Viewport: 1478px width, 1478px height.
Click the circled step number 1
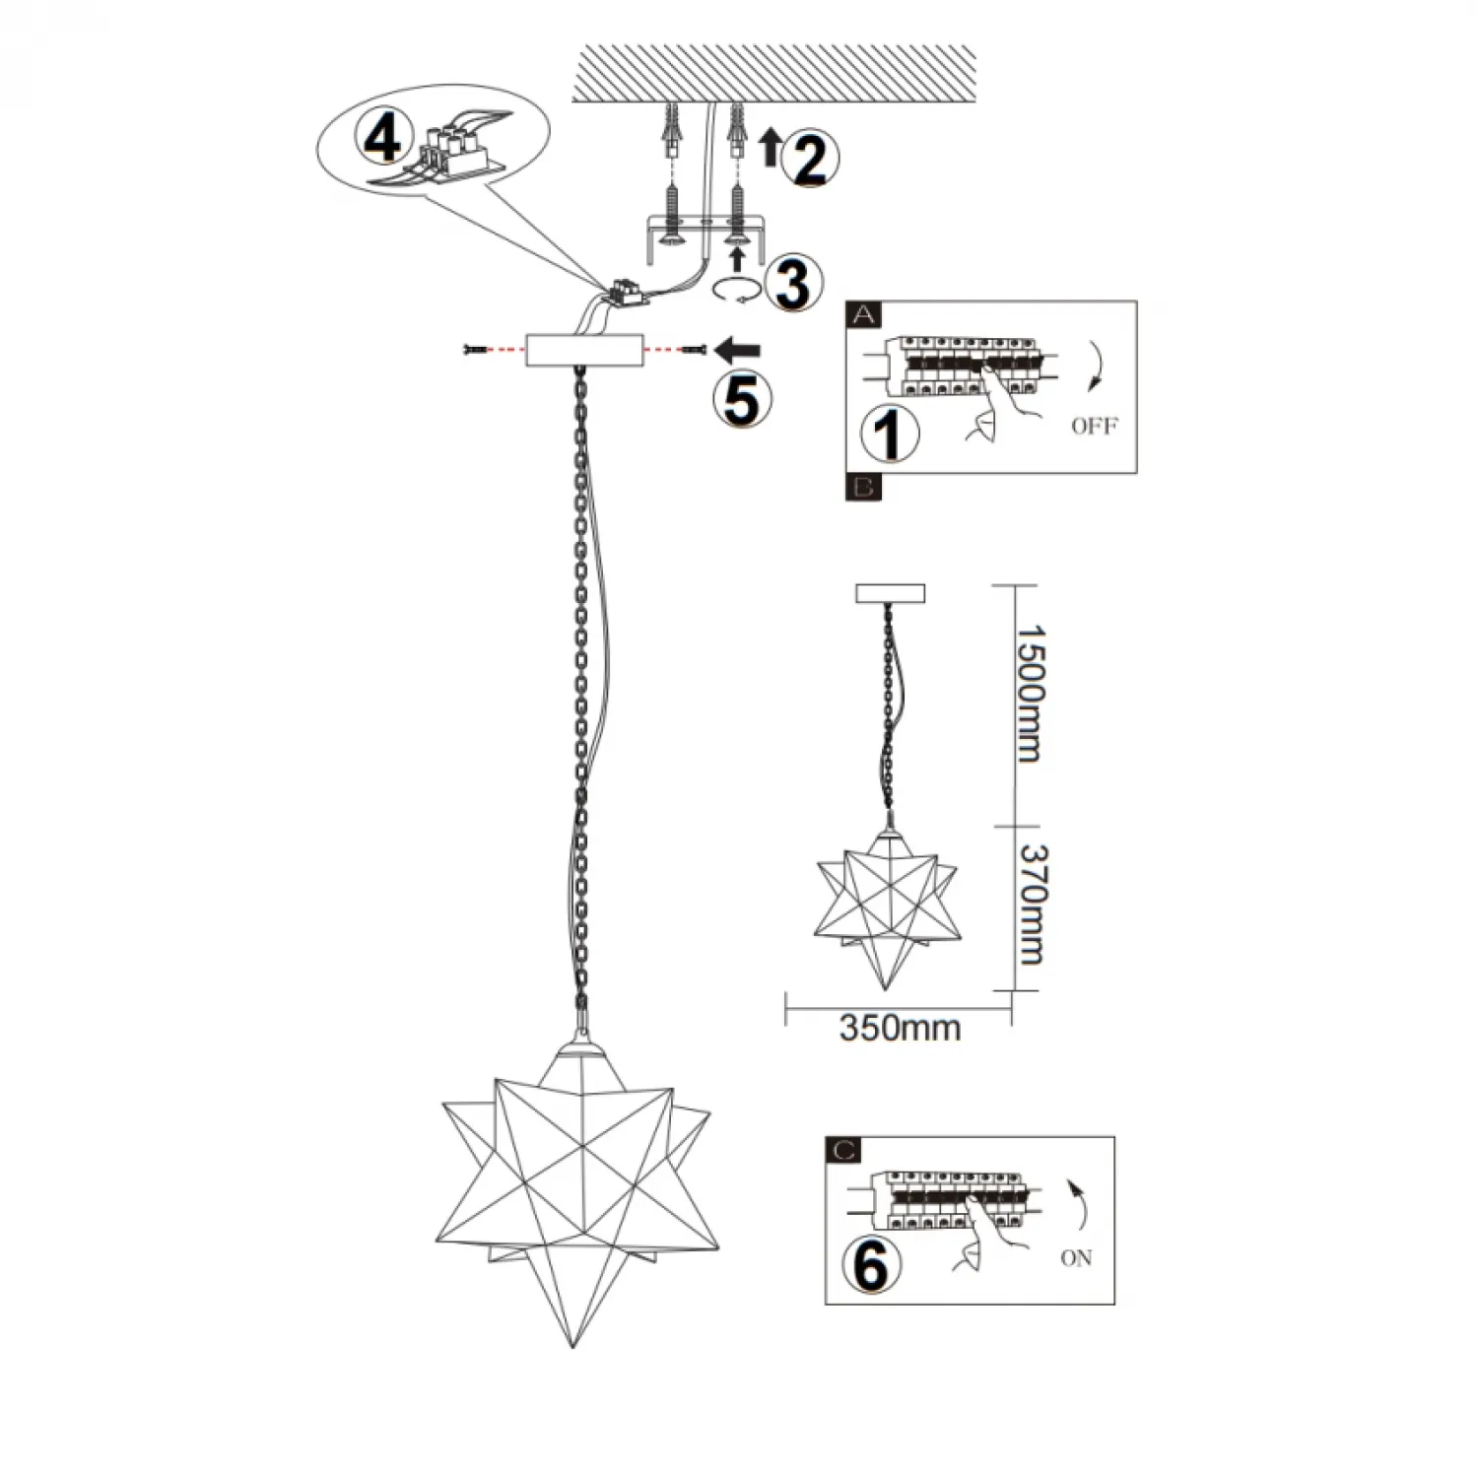[890, 435]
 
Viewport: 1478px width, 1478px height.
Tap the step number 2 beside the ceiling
[807, 158]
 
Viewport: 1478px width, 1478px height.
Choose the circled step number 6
[871, 1265]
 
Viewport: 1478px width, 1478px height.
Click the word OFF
[1094, 427]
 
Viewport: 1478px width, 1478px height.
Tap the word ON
[1076, 1258]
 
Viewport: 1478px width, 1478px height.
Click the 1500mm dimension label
[1029, 694]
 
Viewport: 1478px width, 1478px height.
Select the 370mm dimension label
[1031, 905]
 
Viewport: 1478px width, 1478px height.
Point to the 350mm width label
[900, 1028]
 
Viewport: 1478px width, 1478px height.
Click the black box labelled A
[865, 315]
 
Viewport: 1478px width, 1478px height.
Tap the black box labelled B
[864, 487]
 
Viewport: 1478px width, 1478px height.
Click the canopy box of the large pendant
[585, 350]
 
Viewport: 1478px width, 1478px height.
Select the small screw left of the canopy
[475, 350]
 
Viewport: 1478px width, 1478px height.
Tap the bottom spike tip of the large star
[573, 1344]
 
